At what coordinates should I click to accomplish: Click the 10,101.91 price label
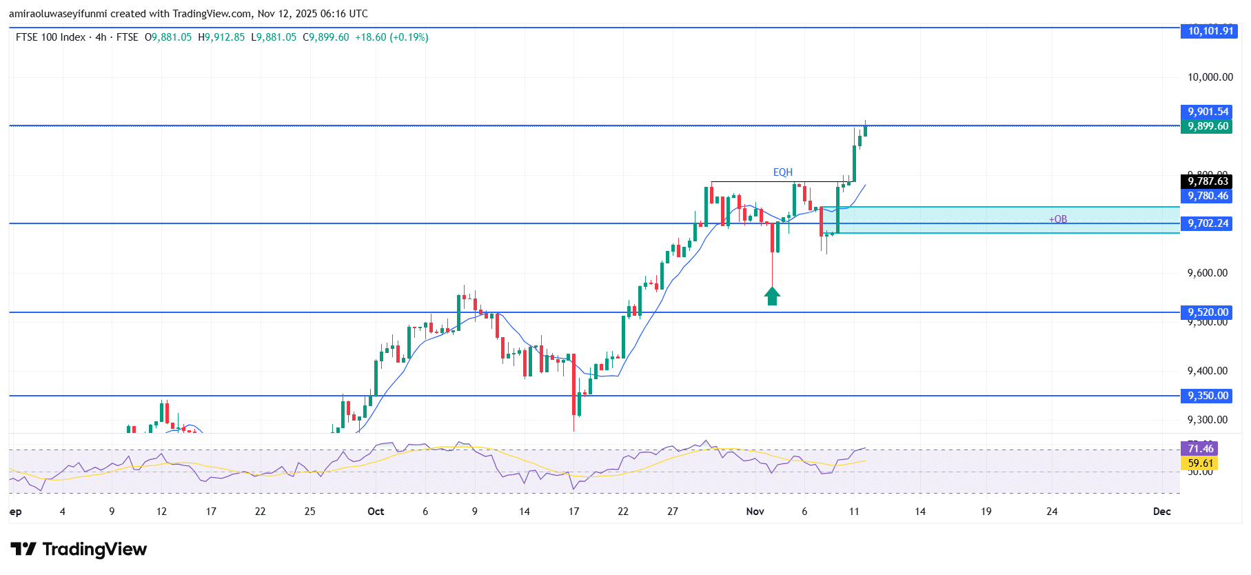[1210, 30]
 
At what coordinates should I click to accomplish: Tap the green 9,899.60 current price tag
[1207, 126]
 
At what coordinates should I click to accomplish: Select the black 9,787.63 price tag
[1207, 181]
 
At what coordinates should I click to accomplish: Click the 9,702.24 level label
[1207, 223]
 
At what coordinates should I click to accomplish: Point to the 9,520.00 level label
[1207, 312]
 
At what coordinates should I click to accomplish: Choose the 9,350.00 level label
[1207, 396]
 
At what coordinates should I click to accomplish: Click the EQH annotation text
[782, 172]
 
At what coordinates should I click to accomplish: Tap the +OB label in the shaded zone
[1057, 219]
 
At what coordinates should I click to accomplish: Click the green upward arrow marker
[772, 296]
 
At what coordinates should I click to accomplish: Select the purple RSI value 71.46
[1199, 449]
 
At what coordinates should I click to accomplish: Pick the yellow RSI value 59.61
[1199, 463]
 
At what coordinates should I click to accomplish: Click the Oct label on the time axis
[376, 512]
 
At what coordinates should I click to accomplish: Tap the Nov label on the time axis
[755, 512]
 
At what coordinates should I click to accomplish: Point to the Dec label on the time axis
[1161, 512]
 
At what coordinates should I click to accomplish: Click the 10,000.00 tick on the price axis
[1210, 77]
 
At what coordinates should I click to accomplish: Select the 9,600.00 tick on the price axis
[1207, 273]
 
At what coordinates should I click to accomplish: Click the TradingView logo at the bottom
[79, 549]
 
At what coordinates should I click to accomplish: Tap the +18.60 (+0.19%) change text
[391, 37]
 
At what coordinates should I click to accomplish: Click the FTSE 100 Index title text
[50, 37]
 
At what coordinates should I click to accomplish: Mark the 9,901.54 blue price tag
[1207, 112]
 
